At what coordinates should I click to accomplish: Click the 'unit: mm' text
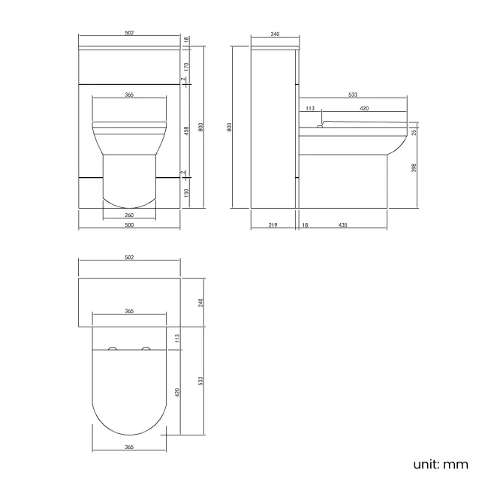pos(441,464)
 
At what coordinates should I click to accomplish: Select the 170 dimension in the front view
pos(186,66)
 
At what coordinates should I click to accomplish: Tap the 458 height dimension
pos(186,130)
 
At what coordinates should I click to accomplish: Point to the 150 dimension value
pos(186,193)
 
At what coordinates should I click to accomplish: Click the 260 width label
pos(129,215)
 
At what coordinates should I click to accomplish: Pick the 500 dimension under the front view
pos(129,225)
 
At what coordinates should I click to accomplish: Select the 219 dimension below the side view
pos(273,225)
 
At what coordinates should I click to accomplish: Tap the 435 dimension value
pos(342,225)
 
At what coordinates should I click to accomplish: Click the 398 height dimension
pos(414,167)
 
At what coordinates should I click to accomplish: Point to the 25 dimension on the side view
pos(414,131)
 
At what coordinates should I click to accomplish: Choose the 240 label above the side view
pos(275,35)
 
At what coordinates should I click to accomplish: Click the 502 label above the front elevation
pos(129,35)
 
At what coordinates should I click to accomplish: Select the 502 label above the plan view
pos(129,258)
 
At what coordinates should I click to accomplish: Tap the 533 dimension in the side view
pos(353,95)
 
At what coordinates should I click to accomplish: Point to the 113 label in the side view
pos(309,108)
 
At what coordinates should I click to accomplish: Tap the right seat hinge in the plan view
pos(146,348)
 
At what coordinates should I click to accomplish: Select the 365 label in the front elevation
pos(129,95)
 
